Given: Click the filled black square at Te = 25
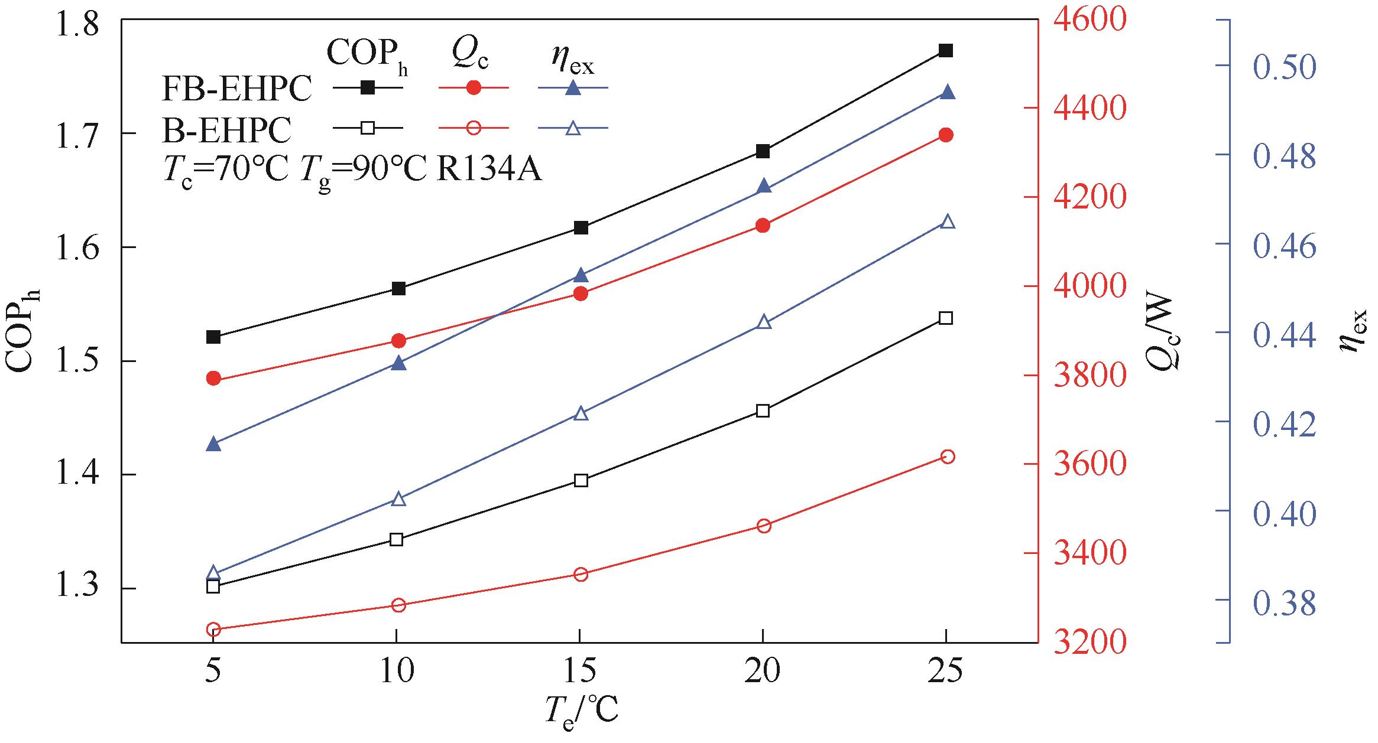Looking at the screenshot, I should click(x=946, y=51).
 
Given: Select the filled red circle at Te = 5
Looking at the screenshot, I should click(x=213, y=379).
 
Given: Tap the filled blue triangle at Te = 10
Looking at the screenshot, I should click(x=399, y=363).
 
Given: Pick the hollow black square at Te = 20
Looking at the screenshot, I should click(x=763, y=411).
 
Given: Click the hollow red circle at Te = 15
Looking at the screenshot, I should click(x=581, y=575).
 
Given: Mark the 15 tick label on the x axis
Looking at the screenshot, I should click(x=580, y=672).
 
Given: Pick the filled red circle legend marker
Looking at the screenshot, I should click(x=474, y=88).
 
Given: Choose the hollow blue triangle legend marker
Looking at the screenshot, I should click(x=573, y=128).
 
